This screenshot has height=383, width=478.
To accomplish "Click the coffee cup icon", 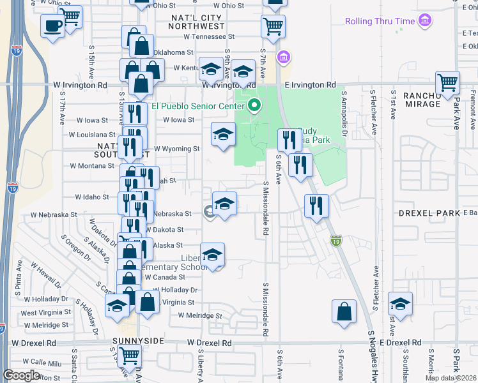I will [52, 26].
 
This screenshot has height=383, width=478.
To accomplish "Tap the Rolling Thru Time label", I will [380, 21].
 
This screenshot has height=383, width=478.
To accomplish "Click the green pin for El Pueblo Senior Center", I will [254, 105].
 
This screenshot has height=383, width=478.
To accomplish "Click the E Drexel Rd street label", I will [402, 343].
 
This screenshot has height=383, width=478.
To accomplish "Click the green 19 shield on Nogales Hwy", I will [337, 241].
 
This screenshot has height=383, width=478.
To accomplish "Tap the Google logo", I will [22, 375].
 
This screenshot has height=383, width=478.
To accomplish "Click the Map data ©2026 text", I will [451, 378].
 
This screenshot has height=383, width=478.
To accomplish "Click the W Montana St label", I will [92, 165].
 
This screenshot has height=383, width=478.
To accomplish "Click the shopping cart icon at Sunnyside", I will [130, 354].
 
